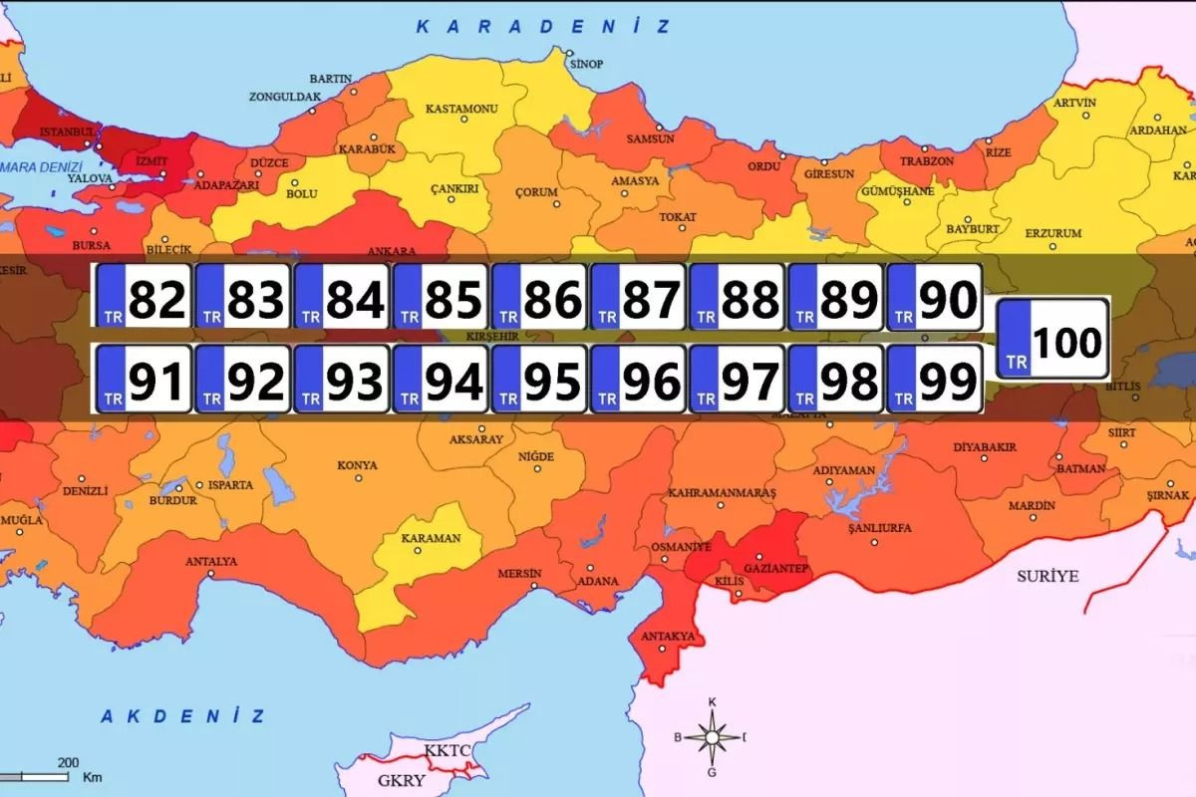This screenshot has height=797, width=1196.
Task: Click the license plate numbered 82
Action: tap(144, 297)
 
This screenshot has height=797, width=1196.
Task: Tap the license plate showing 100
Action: tap(1052, 339)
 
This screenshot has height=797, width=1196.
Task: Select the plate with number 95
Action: tap(539, 379)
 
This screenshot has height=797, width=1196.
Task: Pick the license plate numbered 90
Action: tap(934, 297)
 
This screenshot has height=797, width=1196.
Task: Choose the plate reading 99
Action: tap(934, 379)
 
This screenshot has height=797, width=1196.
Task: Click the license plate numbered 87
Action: tap(638, 297)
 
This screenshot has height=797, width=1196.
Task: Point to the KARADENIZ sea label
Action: tap(543, 27)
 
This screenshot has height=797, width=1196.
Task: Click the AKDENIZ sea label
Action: tap(183, 715)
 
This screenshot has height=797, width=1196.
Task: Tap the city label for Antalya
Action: tap(211, 561)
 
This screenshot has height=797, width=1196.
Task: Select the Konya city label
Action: tap(357, 465)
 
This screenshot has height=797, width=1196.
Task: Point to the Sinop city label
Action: tap(586, 64)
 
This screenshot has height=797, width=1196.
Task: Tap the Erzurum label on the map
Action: tap(1053, 232)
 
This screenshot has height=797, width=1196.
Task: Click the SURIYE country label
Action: tap(1047, 576)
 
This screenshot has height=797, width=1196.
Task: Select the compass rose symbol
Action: tap(712, 737)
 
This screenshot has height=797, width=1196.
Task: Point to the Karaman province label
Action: tap(431, 538)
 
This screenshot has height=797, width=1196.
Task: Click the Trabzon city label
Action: tap(927, 160)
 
